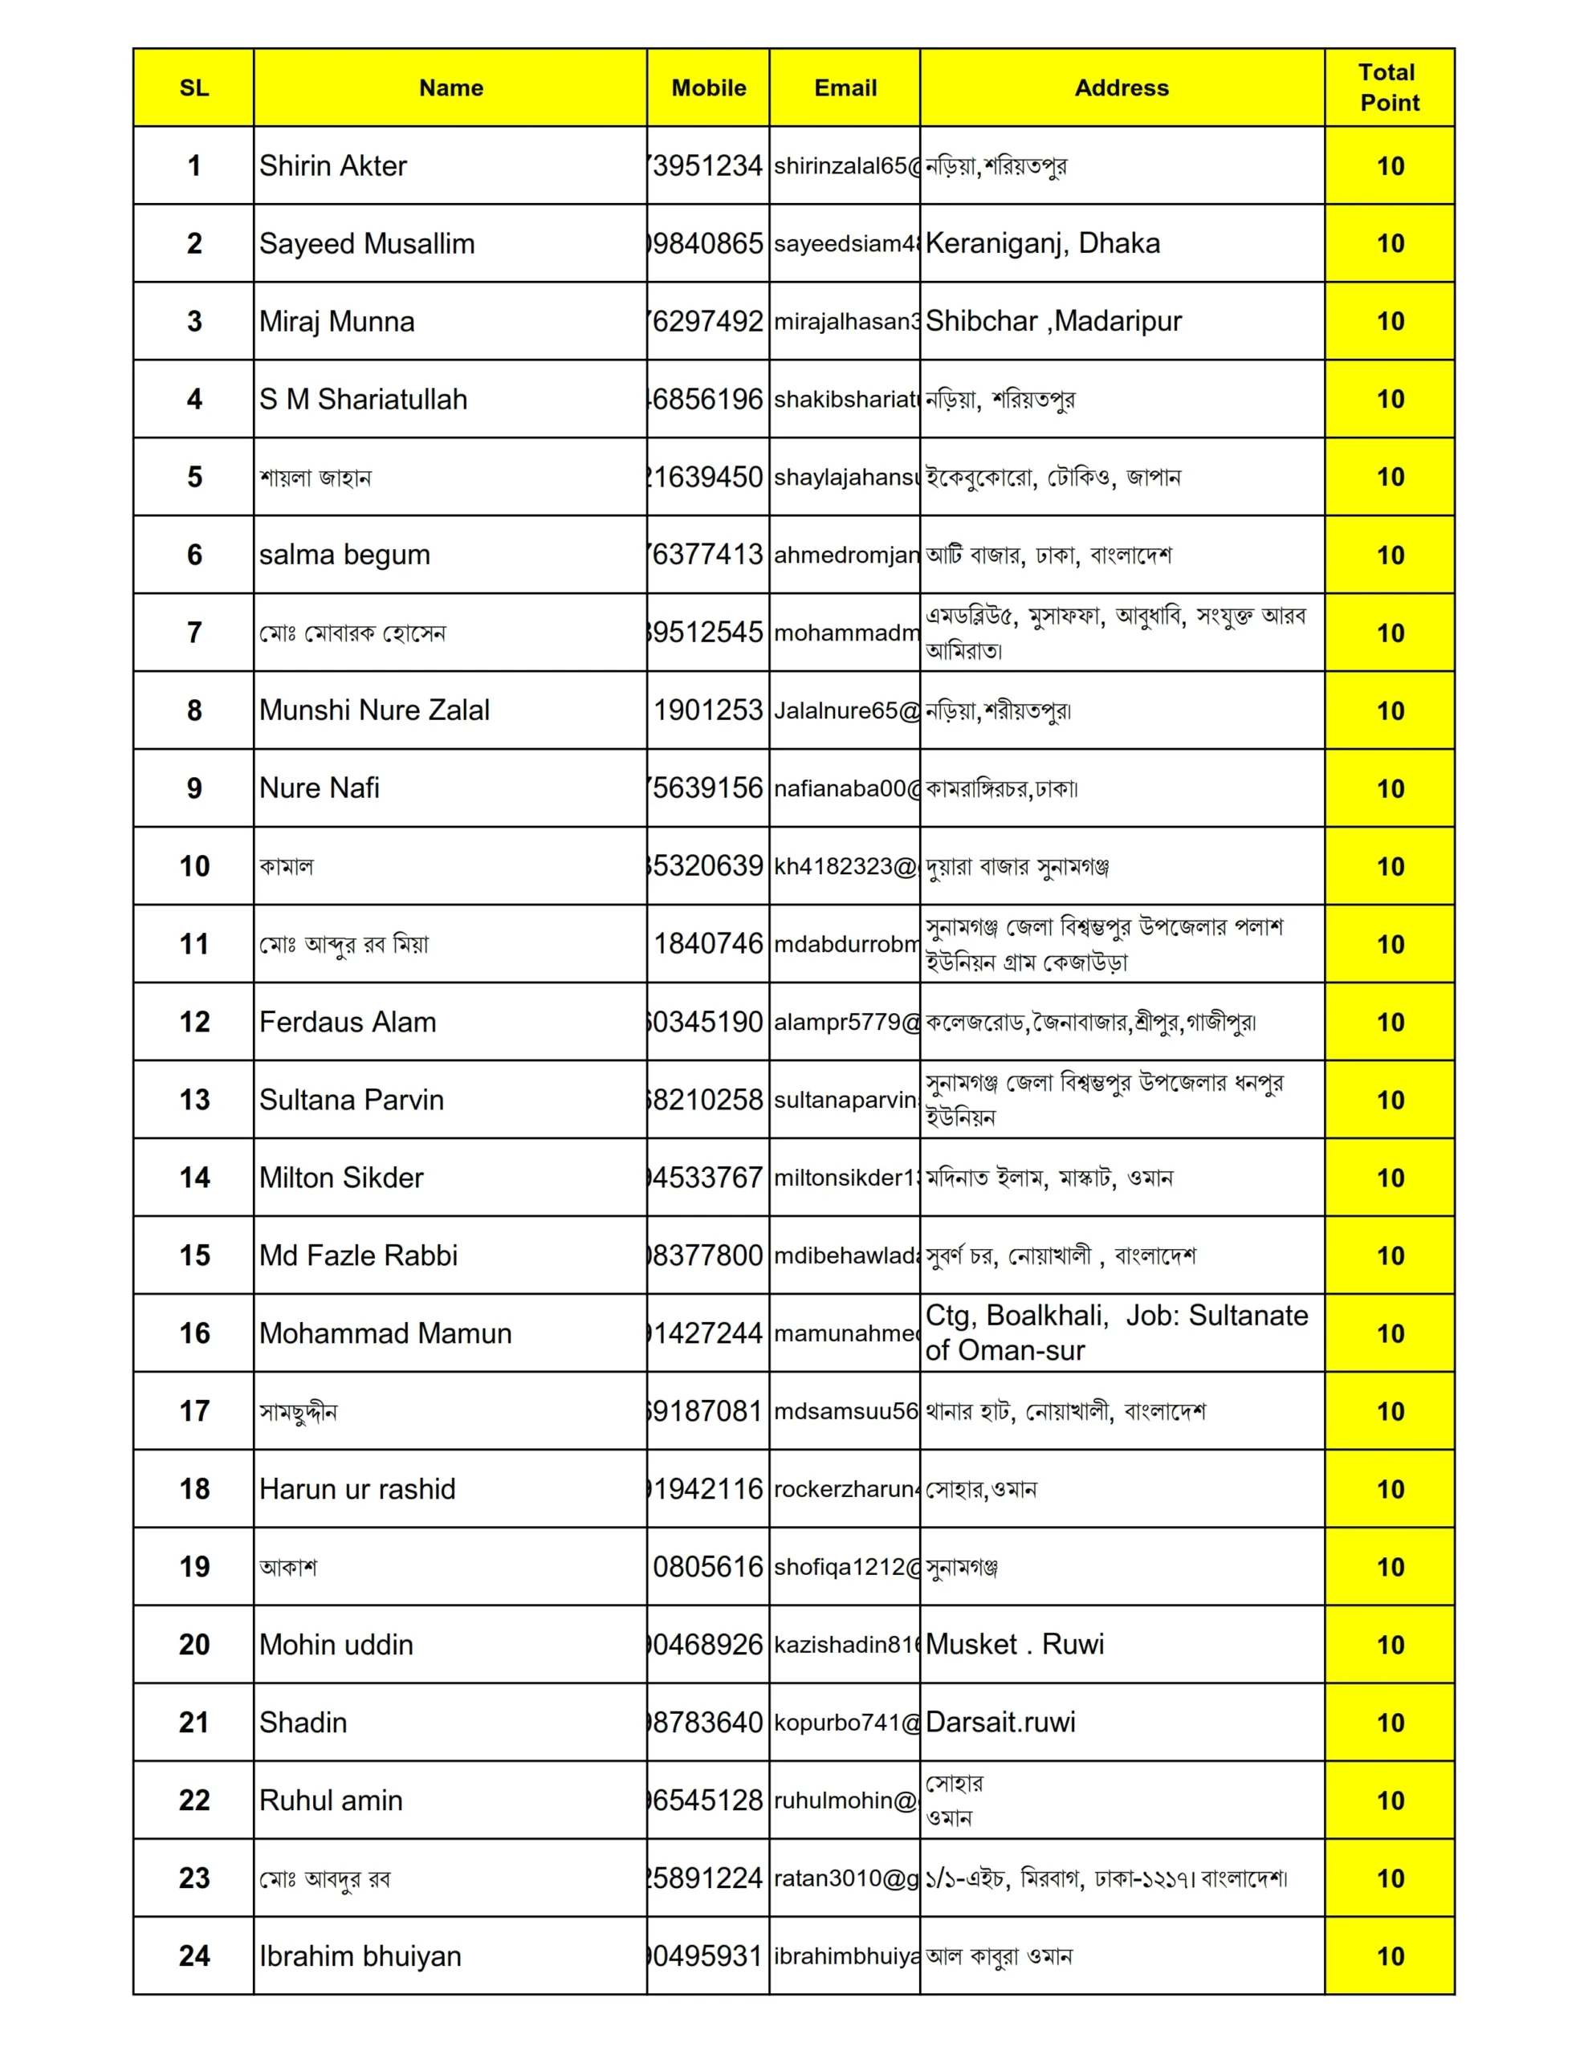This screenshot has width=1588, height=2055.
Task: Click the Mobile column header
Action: point(708,87)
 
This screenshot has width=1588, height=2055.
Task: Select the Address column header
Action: point(1121,87)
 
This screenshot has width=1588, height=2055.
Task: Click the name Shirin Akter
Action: point(333,165)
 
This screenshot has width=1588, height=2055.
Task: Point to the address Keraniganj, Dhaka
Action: point(1042,242)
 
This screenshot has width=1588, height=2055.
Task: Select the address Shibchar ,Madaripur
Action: point(1053,321)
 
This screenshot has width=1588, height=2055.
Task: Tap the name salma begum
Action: point(344,554)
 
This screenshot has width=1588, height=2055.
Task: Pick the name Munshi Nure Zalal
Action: point(375,710)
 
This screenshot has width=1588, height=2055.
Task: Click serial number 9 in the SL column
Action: point(194,787)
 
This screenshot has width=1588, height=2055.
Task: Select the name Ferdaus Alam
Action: point(348,1022)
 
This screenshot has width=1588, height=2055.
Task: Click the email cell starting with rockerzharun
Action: point(845,1488)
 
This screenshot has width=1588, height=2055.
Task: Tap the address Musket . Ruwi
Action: point(1014,1644)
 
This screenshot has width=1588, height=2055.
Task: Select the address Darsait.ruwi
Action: point(1000,1722)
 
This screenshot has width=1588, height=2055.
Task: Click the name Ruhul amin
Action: point(331,1800)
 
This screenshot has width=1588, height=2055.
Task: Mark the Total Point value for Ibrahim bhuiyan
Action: point(1390,1955)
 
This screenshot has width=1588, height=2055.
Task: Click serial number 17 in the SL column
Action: point(194,1410)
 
